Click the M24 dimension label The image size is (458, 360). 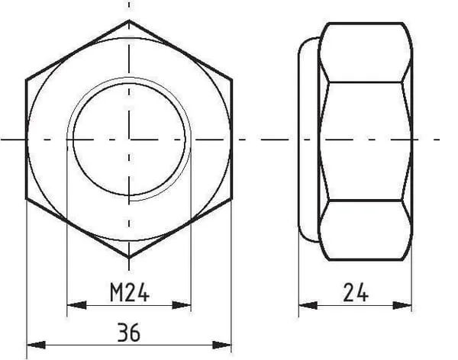130,292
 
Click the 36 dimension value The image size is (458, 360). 129,333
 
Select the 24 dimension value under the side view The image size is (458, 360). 356,292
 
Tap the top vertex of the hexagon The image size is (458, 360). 129,20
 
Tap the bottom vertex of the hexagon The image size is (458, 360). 129,258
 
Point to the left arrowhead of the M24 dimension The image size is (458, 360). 76,305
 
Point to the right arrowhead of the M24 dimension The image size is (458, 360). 182,305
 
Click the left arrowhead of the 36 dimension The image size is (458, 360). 36,345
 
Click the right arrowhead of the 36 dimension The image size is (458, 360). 221,345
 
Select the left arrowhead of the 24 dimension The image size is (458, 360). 308,305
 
